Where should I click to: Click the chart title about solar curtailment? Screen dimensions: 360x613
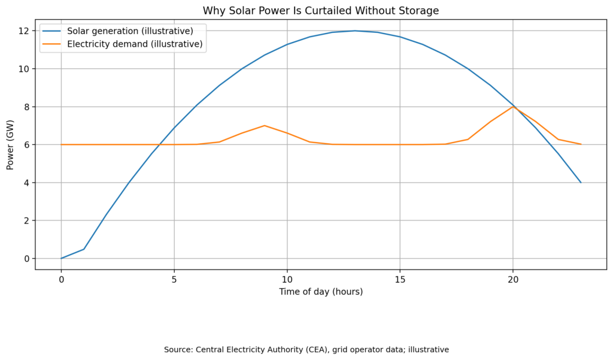click(320, 10)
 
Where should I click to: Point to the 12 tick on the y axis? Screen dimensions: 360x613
click(25, 31)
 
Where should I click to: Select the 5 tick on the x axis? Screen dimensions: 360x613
click(174, 279)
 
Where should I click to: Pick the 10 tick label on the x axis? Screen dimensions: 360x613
click(287, 279)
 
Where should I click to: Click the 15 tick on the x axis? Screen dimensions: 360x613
click(400, 279)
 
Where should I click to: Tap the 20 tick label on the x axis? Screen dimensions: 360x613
click(512, 279)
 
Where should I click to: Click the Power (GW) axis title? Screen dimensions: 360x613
click(10, 144)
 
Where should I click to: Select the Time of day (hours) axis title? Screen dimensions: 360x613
click(320, 292)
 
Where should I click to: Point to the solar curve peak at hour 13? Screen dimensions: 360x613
click(354, 31)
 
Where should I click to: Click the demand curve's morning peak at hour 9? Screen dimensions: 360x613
click(265, 126)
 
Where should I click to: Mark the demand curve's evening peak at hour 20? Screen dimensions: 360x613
click(513, 107)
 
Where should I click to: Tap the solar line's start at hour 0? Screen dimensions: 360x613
click(62, 258)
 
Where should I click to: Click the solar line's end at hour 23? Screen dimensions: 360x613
click(581, 182)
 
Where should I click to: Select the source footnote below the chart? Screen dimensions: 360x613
click(306, 349)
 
